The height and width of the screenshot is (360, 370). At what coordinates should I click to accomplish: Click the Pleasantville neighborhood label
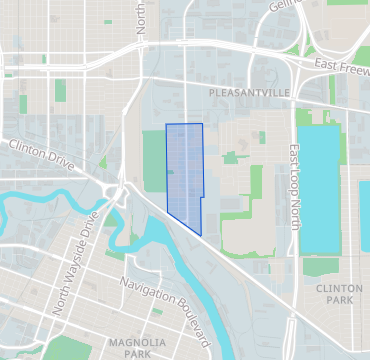click(249, 92)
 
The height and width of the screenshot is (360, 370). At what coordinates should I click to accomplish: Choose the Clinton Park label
click(332, 293)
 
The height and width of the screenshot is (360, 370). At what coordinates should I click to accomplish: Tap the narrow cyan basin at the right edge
click(365, 215)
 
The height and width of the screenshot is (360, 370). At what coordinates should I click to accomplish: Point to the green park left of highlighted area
click(154, 160)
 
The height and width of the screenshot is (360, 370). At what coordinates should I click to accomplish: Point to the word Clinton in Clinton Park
click(332, 287)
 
